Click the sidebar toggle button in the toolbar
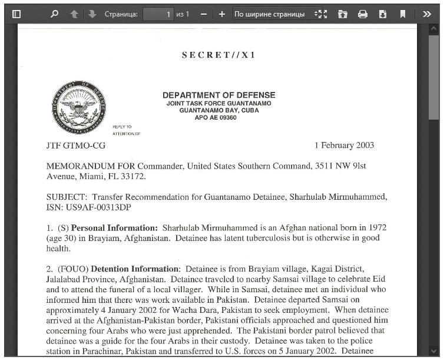point(16,14)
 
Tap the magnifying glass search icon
point(55,14)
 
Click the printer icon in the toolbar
point(363,14)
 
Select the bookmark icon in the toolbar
point(403,14)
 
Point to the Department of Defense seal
point(78,107)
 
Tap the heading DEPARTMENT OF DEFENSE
point(218,95)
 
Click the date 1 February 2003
point(344,146)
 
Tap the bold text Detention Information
point(135,269)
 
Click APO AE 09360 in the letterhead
point(216,118)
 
